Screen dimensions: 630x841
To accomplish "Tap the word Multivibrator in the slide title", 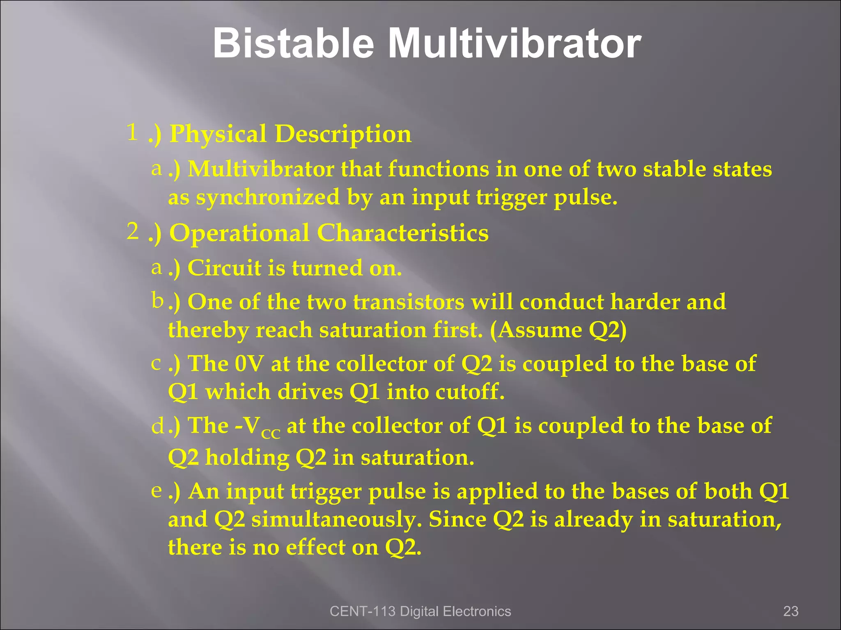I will click(515, 43).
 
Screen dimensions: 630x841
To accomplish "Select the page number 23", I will click(790, 611).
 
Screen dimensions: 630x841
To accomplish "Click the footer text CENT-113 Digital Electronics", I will click(420, 611).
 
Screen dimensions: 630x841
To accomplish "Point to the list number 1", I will click(132, 132).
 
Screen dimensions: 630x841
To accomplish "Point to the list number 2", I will click(132, 231).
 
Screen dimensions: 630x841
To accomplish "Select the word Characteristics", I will click(402, 233).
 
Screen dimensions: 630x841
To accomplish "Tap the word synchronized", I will click(268, 198).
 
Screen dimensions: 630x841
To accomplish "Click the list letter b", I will click(157, 301).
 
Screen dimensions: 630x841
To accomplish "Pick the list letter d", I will click(158, 427).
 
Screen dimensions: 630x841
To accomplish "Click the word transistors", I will click(409, 302).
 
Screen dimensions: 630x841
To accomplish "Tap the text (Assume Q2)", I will click(558, 330).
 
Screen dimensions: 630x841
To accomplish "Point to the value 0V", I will click(250, 364).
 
